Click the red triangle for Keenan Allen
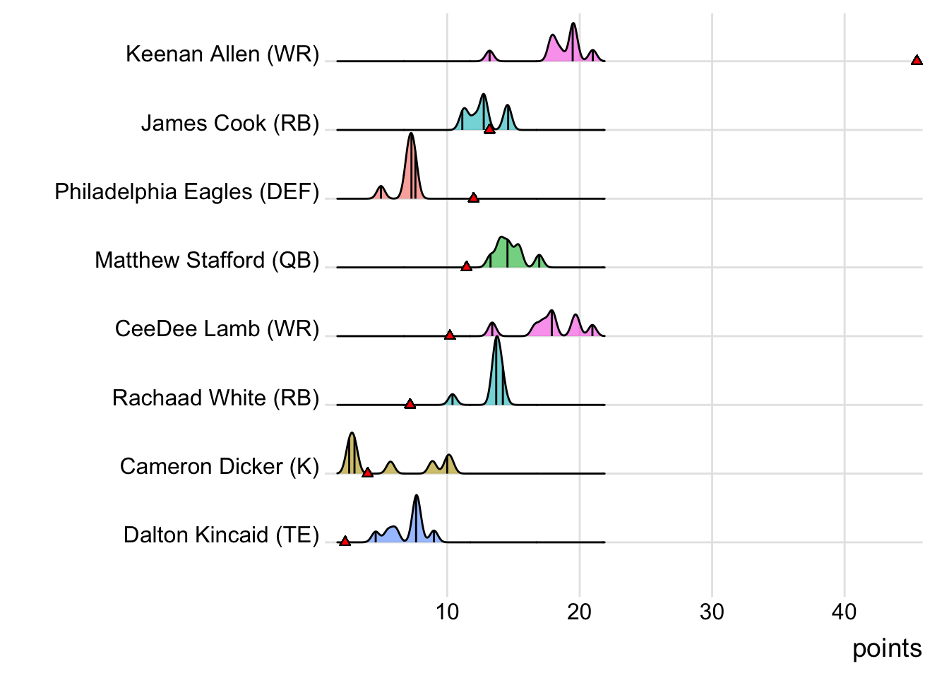tap(917, 61)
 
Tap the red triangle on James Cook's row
tap(489, 129)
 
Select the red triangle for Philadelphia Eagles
tap(473, 198)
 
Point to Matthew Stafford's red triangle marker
tap(466, 266)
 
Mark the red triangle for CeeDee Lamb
tap(450, 335)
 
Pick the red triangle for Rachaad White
tap(410, 404)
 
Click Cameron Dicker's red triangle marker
tap(367, 472)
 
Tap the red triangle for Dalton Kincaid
tap(345, 541)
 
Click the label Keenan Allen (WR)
tap(222, 54)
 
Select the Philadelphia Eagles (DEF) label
tap(187, 191)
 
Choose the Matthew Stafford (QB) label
tap(207, 260)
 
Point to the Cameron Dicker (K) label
tap(220, 466)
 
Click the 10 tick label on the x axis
tap(447, 612)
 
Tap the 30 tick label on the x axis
tap(712, 612)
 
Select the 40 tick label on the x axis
tap(844, 612)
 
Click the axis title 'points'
tap(887, 648)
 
